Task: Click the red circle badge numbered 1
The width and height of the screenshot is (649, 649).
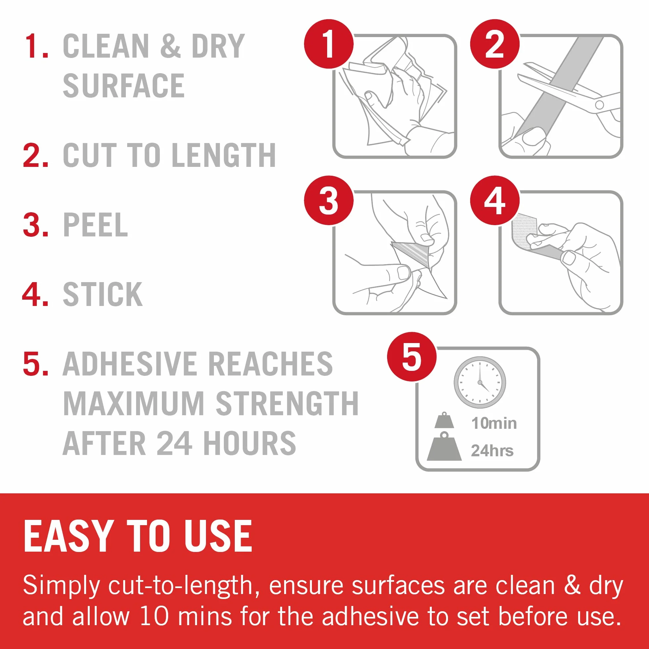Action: click(x=328, y=44)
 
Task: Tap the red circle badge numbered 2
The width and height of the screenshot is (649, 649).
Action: click(x=494, y=44)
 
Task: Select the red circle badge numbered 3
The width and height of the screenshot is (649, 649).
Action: click(x=328, y=200)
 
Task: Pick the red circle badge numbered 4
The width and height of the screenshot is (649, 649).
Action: click(x=494, y=200)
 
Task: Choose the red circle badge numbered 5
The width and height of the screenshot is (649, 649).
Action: click(x=412, y=357)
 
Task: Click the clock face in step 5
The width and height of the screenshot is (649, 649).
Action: click(x=480, y=382)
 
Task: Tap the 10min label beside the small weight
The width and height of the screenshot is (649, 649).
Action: click(x=494, y=423)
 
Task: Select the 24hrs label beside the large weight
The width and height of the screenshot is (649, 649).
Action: click(x=492, y=450)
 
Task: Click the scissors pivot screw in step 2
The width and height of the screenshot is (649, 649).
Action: click(x=599, y=105)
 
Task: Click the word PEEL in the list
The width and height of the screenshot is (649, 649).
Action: click(x=95, y=225)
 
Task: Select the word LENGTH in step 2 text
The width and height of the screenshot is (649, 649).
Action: click(x=224, y=155)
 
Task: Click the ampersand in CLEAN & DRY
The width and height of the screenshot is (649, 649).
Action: click(x=170, y=46)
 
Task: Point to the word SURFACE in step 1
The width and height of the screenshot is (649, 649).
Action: click(x=124, y=86)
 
